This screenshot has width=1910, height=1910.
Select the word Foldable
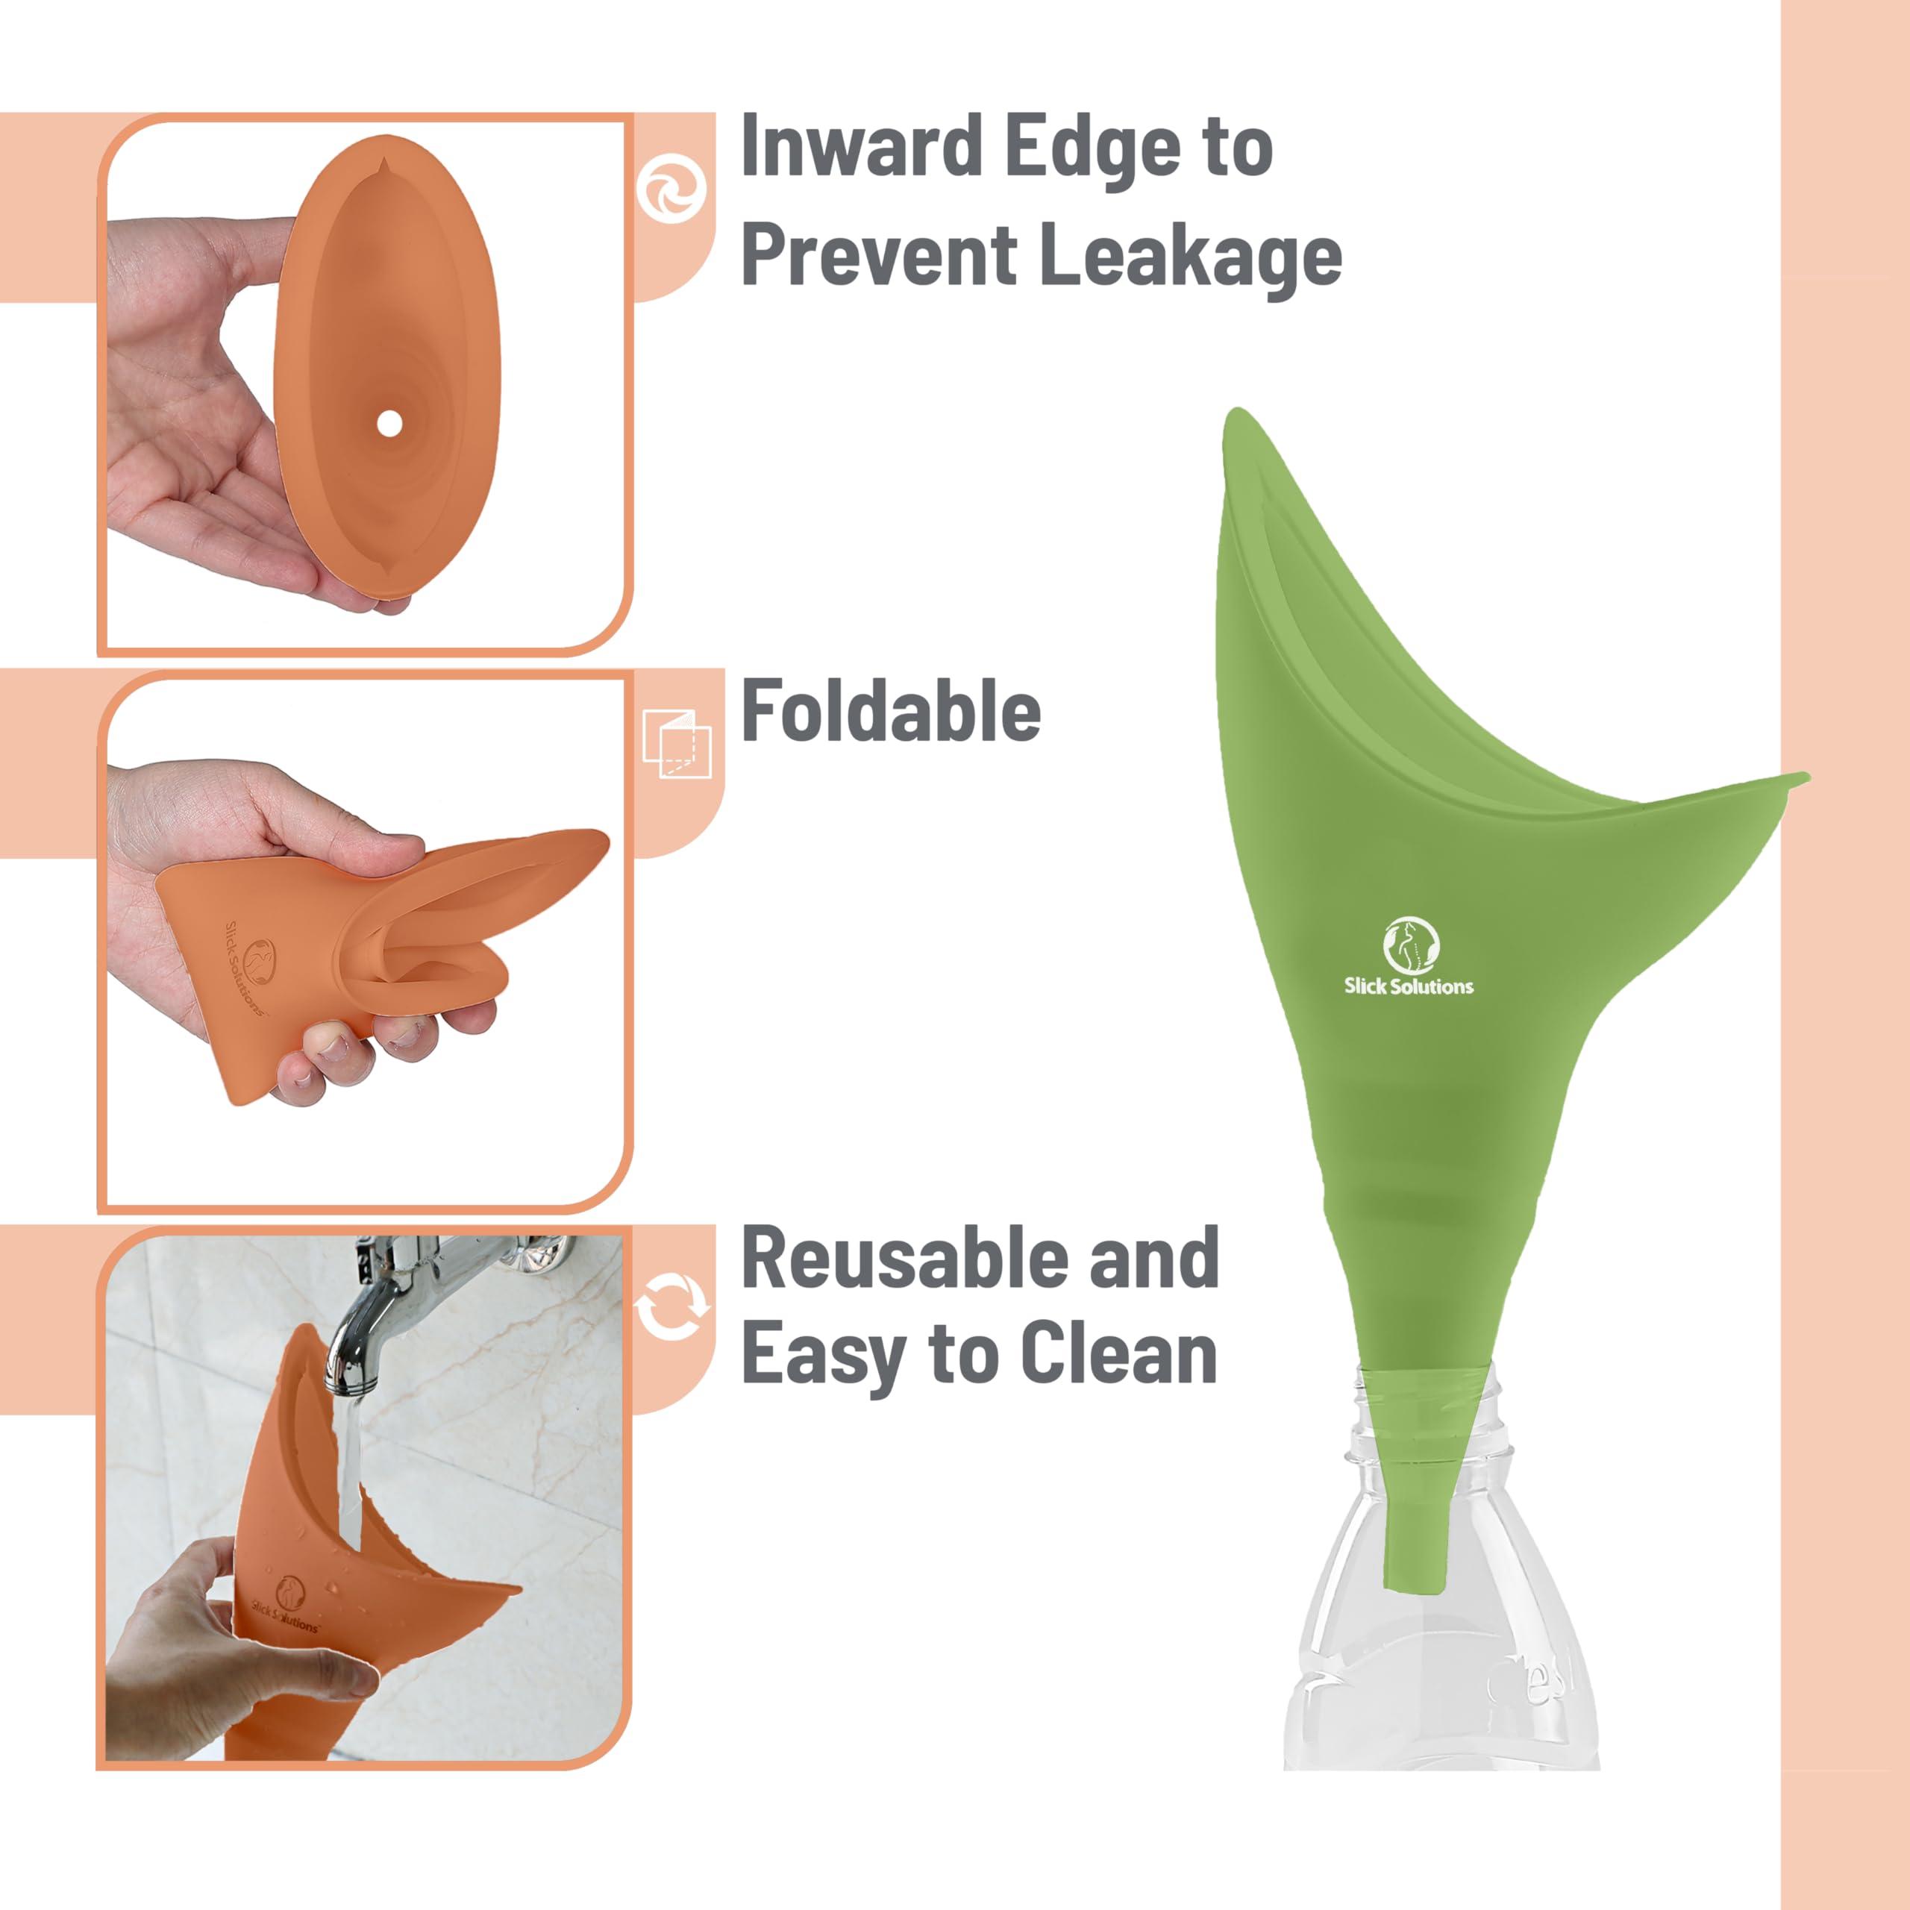tap(890, 712)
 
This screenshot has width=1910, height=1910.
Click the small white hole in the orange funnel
tap(389, 423)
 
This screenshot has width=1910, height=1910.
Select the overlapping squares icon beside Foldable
tap(676, 743)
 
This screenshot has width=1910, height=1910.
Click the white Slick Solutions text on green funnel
tap(1408, 986)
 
